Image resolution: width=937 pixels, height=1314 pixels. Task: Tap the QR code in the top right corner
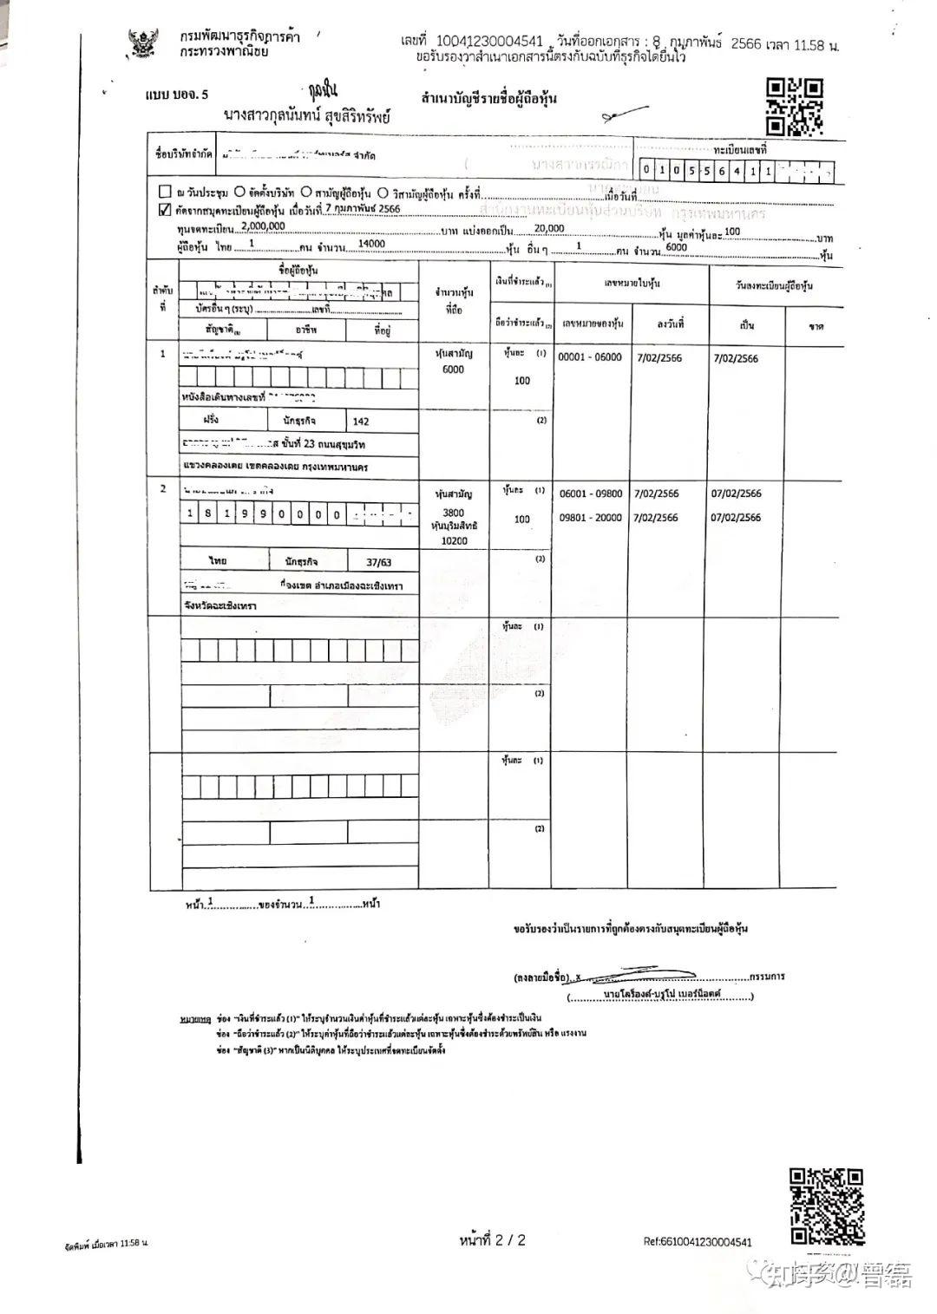point(795,107)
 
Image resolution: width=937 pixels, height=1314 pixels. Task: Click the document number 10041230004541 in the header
point(489,41)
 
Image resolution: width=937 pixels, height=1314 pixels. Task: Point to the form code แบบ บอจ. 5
point(177,95)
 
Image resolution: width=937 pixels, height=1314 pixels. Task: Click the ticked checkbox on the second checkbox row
point(165,210)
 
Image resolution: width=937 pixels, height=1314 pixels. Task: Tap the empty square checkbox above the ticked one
point(165,193)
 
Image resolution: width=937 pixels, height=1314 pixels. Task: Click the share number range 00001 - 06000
point(590,357)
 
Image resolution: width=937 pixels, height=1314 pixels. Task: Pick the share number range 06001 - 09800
point(591,494)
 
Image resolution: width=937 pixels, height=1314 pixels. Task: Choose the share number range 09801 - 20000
point(591,518)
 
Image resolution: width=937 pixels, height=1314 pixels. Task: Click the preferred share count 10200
point(454,540)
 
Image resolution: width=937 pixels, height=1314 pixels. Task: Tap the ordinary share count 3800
point(453,513)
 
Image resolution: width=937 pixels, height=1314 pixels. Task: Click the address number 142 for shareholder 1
point(361,422)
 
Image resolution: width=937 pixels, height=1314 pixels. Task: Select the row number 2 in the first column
point(163,489)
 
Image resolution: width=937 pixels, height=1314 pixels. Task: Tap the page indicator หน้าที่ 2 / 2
point(492,1240)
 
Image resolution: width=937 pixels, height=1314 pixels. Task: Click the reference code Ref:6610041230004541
point(698,1242)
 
